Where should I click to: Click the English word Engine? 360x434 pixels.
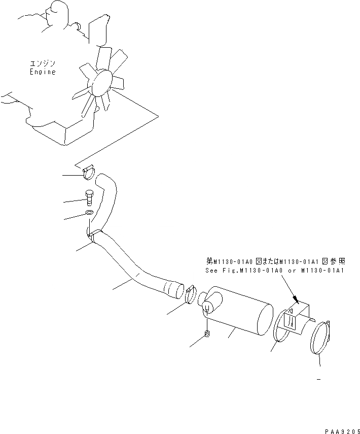[x=42, y=72]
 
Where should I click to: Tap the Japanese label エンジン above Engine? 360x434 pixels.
[x=43, y=64]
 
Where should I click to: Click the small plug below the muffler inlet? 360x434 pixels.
[x=207, y=333]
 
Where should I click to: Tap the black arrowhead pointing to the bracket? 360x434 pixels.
[x=296, y=300]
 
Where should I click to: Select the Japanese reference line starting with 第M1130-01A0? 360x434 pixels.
[x=276, y=261]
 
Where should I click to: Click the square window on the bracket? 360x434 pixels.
[x=289, y=321]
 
